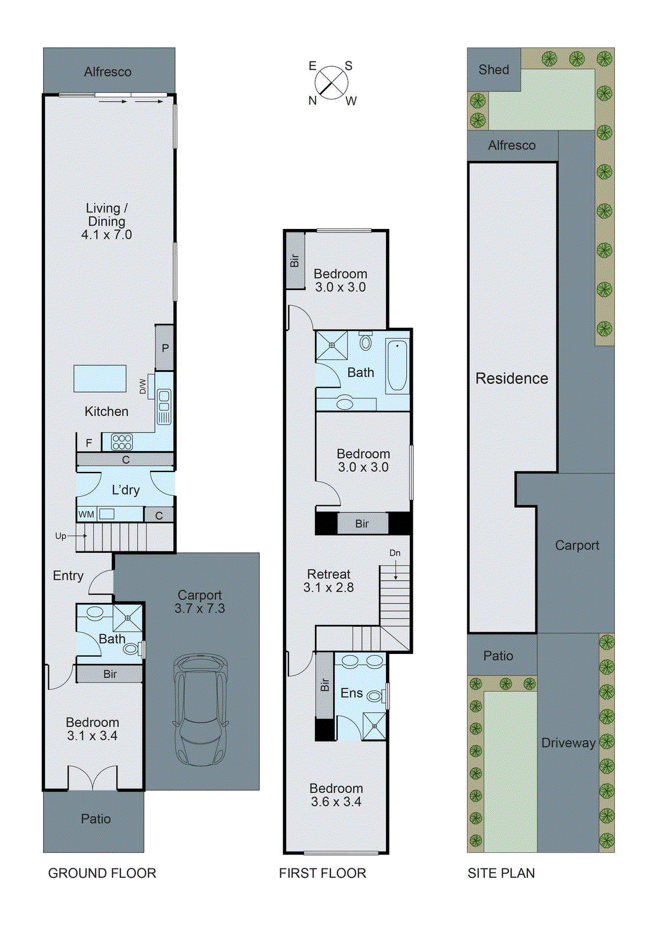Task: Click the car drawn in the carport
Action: coord(201,710)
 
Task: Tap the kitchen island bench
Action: coord(100,378)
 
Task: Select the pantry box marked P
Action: coord(165,348)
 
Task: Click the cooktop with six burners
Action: coord(122,442)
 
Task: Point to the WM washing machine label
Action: coord(86,514)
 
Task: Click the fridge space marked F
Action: coord(89,443)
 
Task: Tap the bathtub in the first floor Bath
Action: coord(398,366)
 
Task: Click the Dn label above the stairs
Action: coord(395,553)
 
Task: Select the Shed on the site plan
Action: coord(493,70)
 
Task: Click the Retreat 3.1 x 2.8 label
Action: coord(328,581)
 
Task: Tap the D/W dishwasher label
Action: coord(143,387)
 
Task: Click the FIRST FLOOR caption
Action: coord(323,873)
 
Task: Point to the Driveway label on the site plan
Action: coord(568,743)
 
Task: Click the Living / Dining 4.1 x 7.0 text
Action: coord(106,221)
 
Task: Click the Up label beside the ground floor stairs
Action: coord(60,536)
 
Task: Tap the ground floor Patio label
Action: coord(96,819)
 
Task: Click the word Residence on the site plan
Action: coord(512,378)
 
